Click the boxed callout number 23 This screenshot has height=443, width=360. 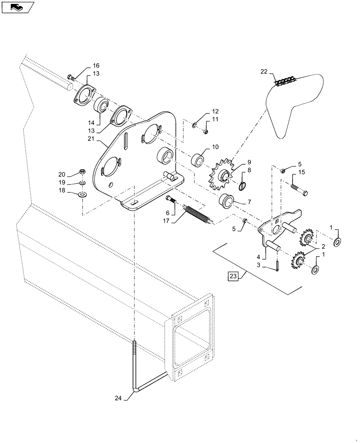coord(233,277)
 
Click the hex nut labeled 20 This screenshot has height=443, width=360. coord(82,171)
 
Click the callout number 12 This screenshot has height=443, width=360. coord(215,111)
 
